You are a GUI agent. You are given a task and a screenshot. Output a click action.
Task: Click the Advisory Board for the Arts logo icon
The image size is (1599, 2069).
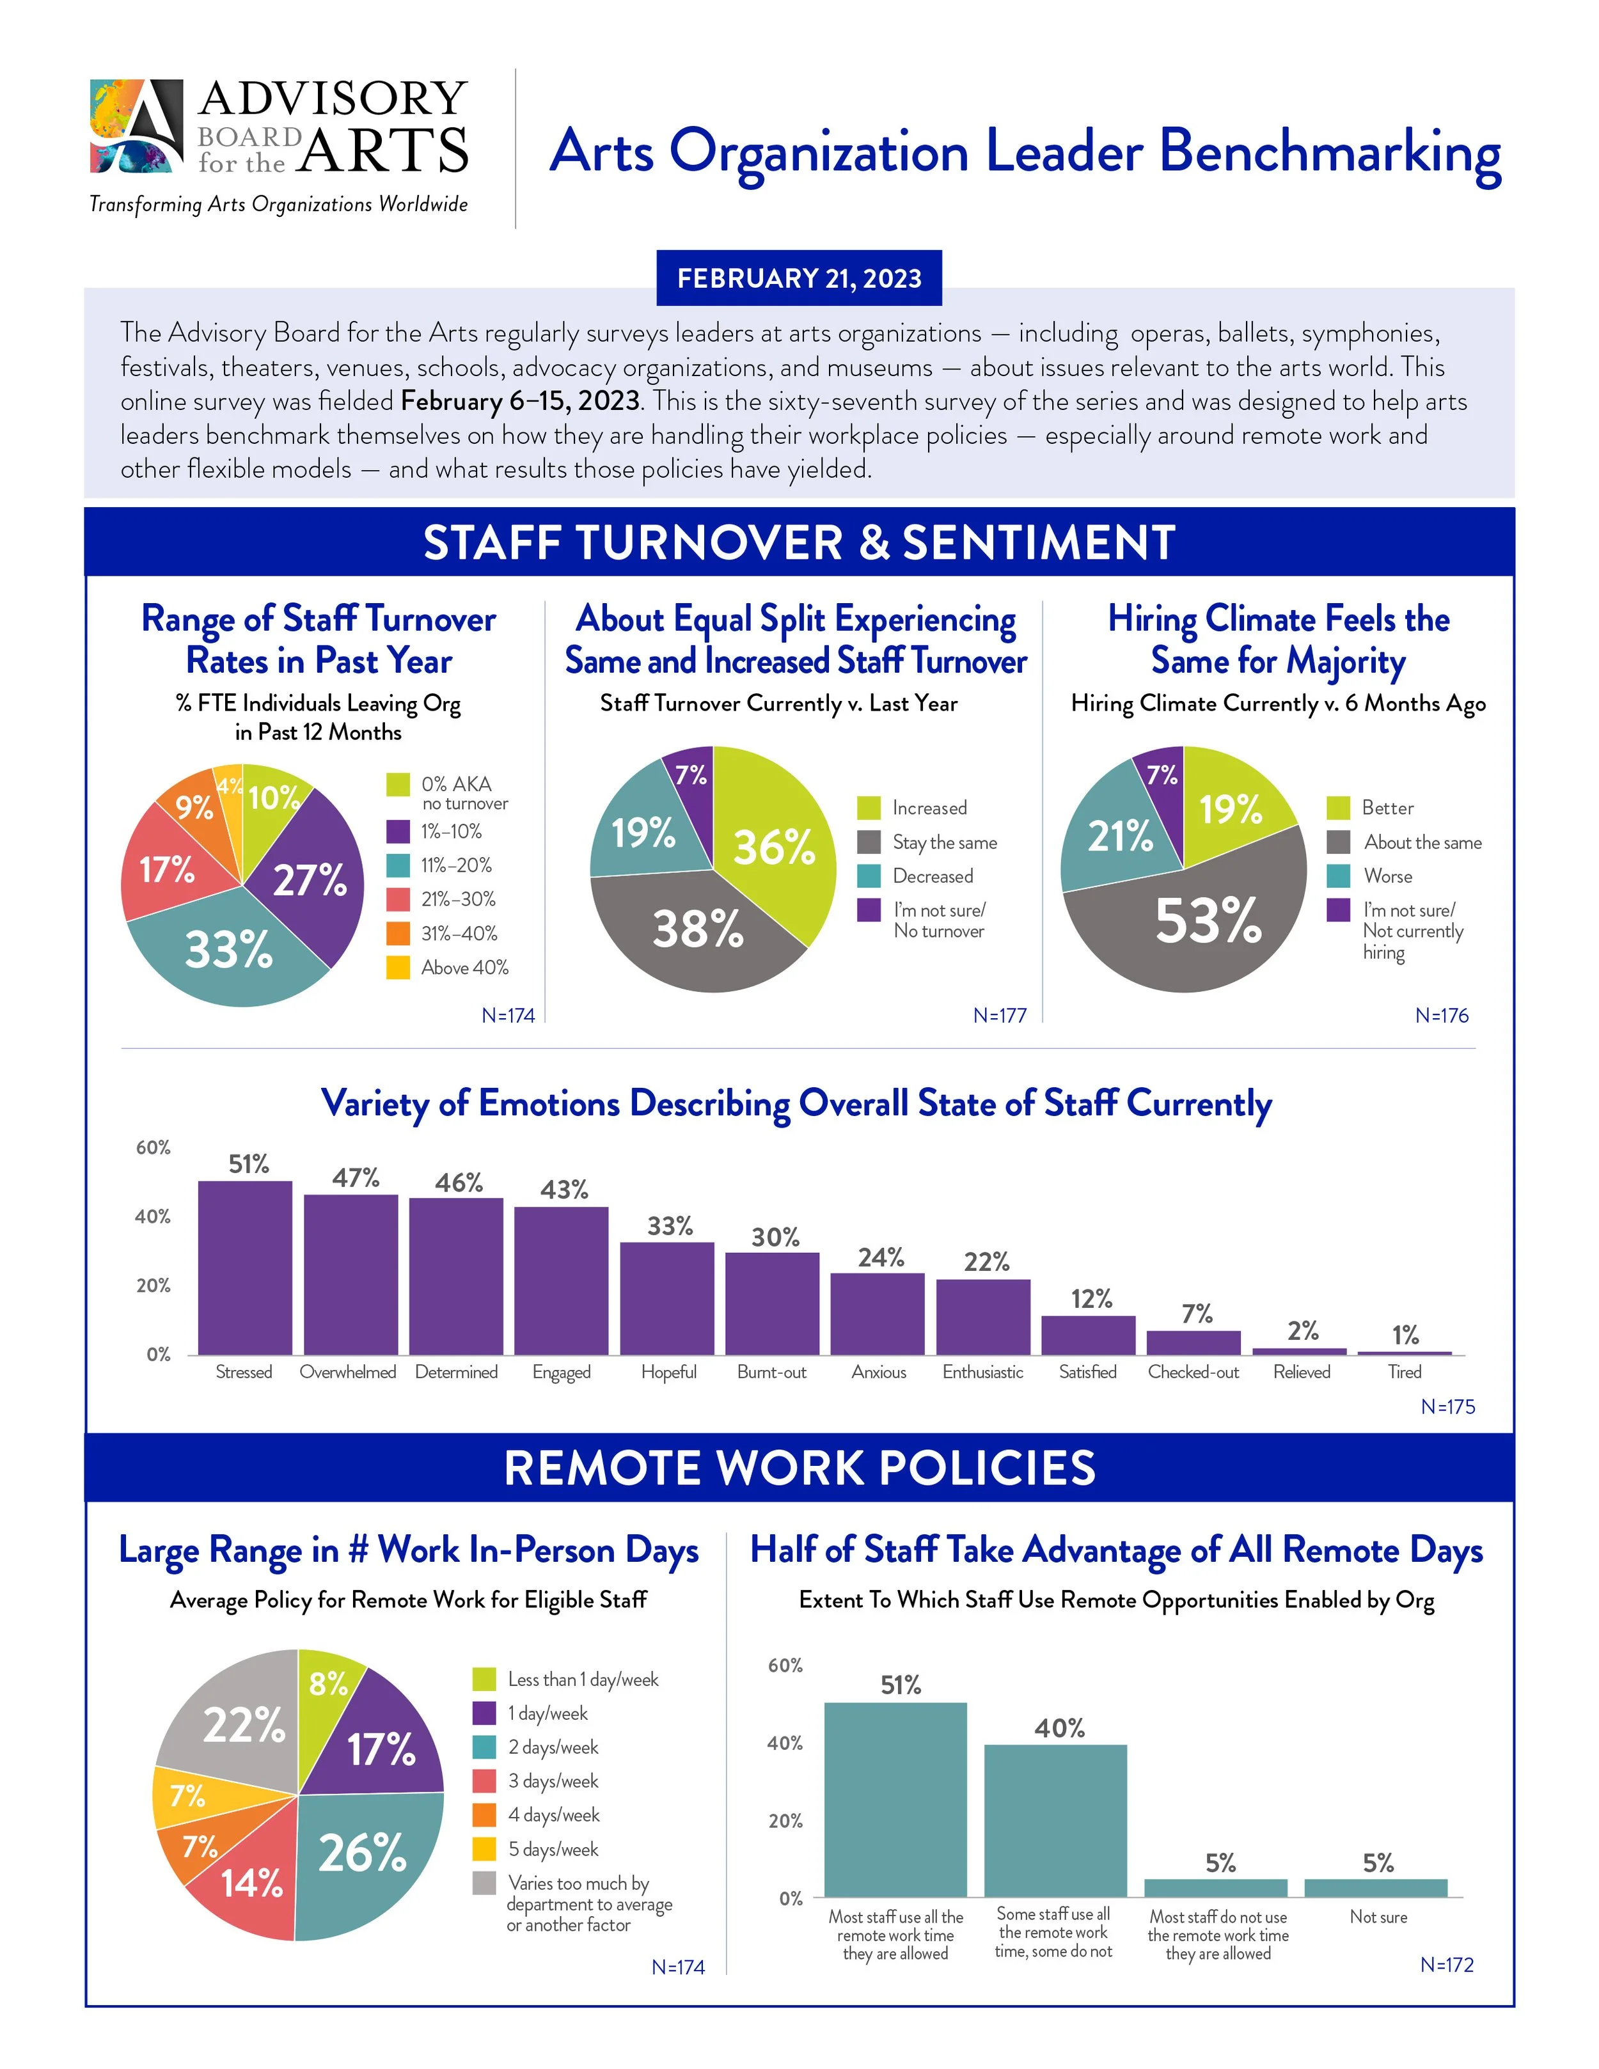pyautogui.click(x=136, y=126)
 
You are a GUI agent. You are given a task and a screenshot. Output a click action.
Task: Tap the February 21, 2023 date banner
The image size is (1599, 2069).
pyautogui.click(x=799, y=278)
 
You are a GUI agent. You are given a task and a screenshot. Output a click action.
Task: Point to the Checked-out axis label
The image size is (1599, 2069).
pyautogui.click(x=1193, y=1372)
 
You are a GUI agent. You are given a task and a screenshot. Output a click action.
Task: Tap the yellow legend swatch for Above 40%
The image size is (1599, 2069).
pyautogui.click(x=398, y=967)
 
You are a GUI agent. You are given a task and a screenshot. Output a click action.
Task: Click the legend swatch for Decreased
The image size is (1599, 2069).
pyautogui.click(x=869, y=876)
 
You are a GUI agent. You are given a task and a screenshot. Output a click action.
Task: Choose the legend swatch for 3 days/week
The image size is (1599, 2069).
pyautogui.click(x=484, y=1781)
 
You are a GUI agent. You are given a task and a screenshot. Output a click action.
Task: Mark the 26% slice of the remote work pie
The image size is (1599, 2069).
pyautogui.click(x=365, y=1862)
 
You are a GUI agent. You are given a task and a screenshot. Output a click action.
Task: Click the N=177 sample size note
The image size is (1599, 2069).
pyautogui.click(x=999, y=1016)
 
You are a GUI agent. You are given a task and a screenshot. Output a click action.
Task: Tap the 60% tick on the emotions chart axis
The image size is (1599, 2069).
pyautogui.click(x=154, y=1147)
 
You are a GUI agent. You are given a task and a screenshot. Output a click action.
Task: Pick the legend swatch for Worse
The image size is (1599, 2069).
pyautogui.click(x=1337, y=876)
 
